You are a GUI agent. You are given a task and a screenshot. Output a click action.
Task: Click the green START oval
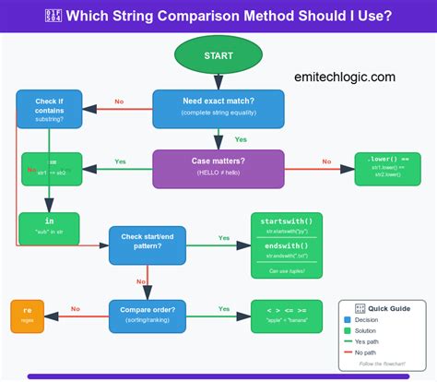pos(218,55)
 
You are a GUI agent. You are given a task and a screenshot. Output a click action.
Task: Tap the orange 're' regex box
pos(28,316)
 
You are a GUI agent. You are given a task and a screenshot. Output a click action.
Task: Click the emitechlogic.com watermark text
pos(346,78)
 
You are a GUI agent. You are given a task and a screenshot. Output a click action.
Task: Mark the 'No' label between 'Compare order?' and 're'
pos(76,309)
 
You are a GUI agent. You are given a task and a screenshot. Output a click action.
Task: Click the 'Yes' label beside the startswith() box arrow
pos(223,237)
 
